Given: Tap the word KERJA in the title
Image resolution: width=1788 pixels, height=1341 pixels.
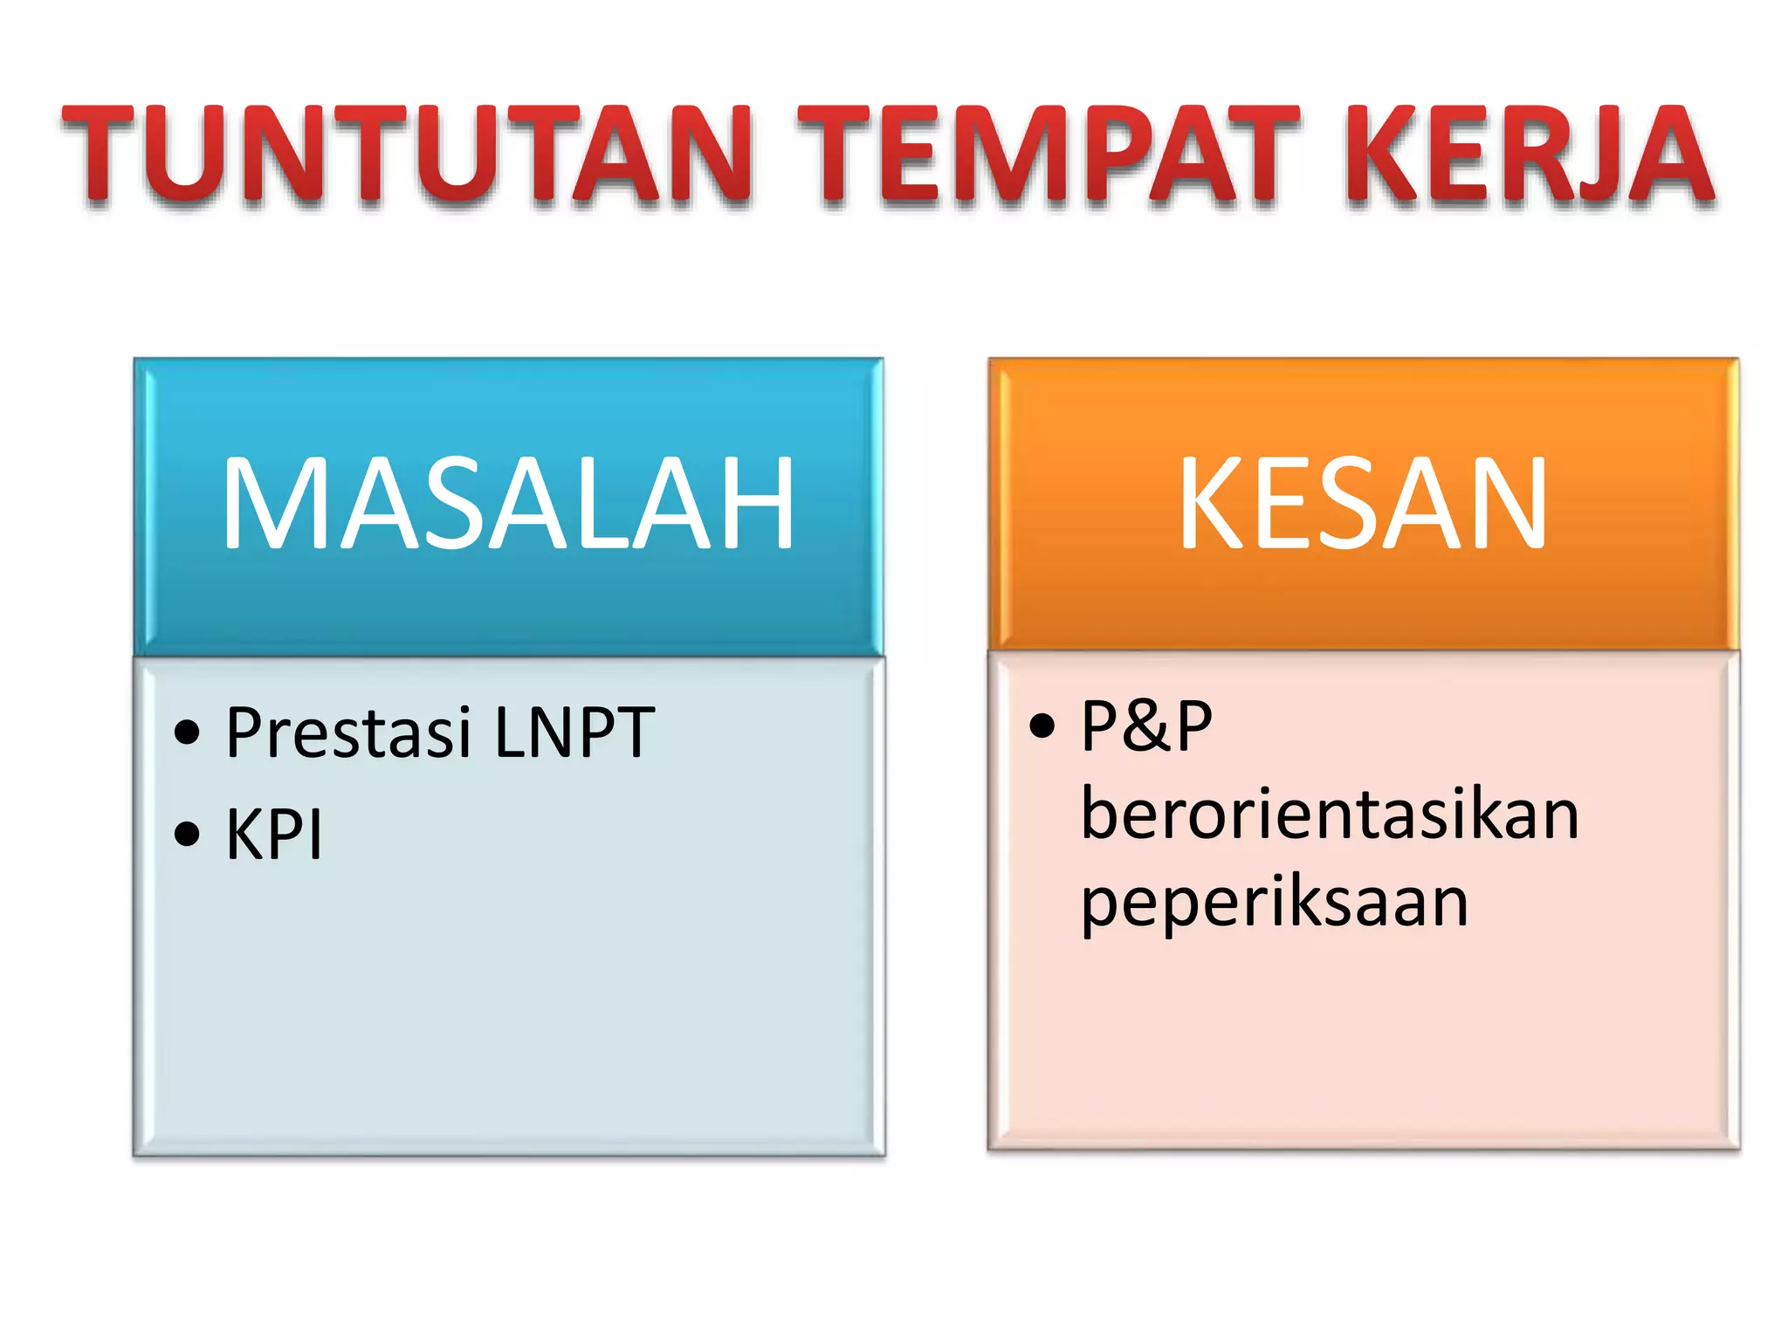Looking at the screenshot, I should tap(1529, 155).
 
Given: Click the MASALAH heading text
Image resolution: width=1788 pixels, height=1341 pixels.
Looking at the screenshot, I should tap(508, 505).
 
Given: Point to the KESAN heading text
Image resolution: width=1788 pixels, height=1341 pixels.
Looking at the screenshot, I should tap(1363, 505).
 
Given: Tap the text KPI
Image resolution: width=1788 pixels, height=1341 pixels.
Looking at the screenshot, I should tap(274, 835).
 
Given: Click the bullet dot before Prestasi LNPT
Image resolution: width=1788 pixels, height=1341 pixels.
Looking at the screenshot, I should tap(187, 732).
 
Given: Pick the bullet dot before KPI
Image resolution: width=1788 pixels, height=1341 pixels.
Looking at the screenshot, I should tap(187, 835).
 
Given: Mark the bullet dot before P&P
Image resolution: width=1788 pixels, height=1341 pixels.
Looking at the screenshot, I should tap(1042, 725).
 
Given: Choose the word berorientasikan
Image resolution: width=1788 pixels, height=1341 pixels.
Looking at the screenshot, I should tap(1330, 814).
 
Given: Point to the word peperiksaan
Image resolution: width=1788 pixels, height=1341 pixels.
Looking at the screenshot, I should tap(1275, 903).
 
